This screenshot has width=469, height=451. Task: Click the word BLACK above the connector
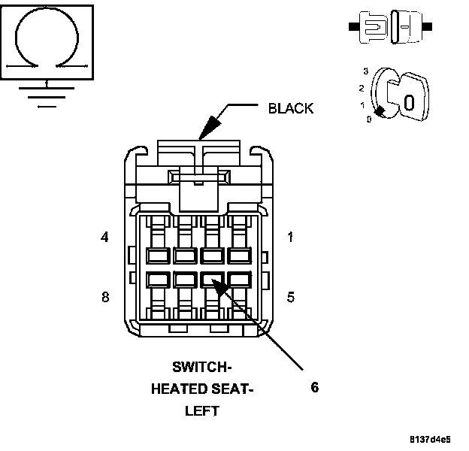coord(291,108)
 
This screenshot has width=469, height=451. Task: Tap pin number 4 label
coord(104,238)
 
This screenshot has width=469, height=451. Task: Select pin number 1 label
coord(290,238)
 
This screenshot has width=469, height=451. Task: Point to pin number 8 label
coord(104,296)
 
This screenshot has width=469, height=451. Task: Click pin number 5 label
coord(290,296)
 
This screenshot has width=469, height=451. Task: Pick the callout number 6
coord(315,387)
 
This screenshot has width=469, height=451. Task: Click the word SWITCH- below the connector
coord(201,367)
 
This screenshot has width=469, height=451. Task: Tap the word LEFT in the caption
coord(202,411)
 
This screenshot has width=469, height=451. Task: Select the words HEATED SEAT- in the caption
coord(202,389)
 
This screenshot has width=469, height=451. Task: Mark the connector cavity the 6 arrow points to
coord(213,280)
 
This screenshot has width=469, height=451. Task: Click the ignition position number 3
coord(365,71)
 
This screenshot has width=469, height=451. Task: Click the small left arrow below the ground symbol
coord(47,106)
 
